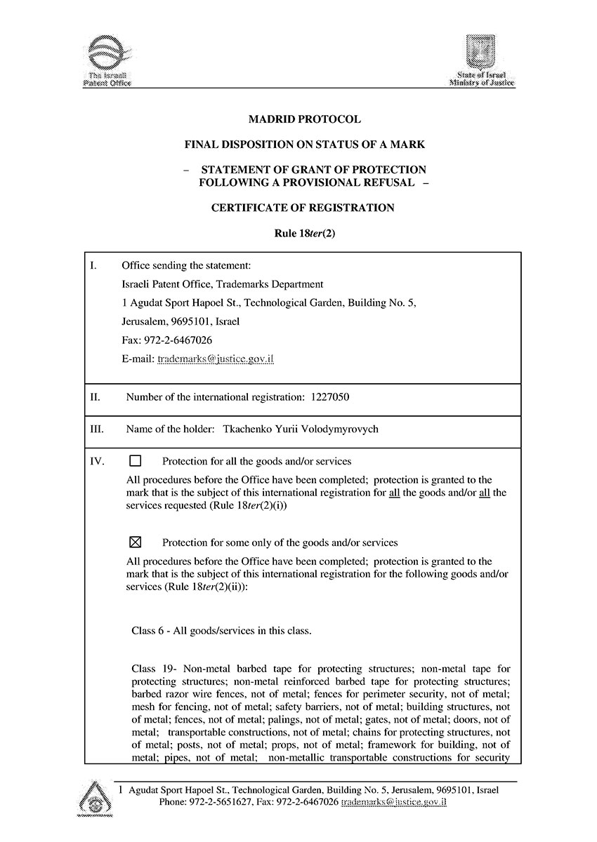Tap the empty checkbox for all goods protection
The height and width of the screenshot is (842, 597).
tap(136, 461)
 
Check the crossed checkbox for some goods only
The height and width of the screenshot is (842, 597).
tap(136, 542)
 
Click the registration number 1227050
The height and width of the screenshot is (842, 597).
tap(329, 397)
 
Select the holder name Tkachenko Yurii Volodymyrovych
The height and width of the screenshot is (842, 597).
tap(300, 429)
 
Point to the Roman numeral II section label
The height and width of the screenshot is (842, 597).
tap(96, 397)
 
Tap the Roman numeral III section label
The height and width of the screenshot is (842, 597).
tap(98, 429)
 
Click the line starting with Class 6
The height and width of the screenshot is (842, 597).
tap(221, 630)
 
